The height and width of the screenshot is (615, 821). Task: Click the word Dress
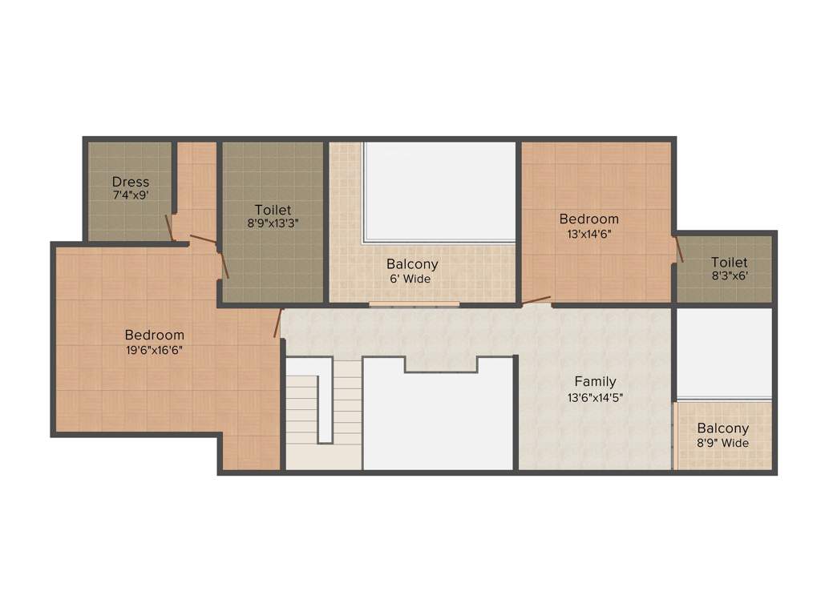coord(130,182)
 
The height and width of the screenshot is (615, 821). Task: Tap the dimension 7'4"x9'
coord(130,195)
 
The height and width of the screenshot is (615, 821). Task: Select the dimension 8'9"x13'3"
coord(273,223)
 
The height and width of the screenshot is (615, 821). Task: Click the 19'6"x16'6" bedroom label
coord(154,349)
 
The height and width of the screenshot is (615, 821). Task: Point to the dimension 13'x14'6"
coord(588,234)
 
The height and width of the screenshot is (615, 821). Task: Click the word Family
coord(595,381)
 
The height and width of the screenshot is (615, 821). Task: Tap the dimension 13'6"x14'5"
coord(595,396)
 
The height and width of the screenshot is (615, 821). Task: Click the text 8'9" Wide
coord(722,443)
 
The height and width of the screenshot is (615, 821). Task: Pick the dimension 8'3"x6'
coord(729,276)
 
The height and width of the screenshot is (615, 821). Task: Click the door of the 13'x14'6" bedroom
coord(536,302)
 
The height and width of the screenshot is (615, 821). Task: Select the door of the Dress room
coord(169,227)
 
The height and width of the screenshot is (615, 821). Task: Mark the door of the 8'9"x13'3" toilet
coord(224,265)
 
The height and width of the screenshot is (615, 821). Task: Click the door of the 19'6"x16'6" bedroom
coord(278,323)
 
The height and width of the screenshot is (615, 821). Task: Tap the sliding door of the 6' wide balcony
coord(414,304)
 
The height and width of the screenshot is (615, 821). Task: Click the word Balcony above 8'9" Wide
coord(722,428)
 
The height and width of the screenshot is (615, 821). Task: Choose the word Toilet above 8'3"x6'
coord(729,263)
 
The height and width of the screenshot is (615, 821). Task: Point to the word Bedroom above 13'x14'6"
coord(588,219)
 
